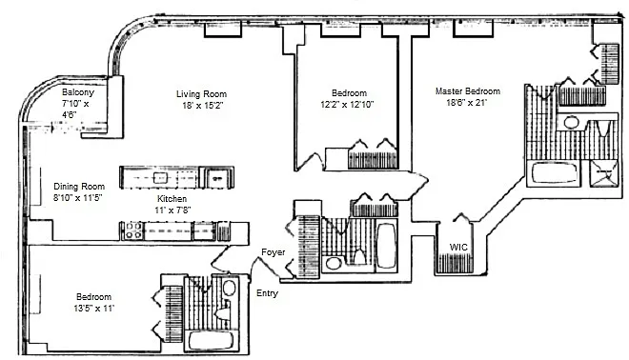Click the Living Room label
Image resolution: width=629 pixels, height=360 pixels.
pos(201,94)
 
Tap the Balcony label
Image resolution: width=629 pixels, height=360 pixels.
pos(78,92)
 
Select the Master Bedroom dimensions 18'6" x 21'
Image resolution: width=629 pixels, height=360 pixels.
pos(467,103)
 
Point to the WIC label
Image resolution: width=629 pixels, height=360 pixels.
pos(458,247)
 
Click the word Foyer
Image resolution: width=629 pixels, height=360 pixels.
pos(274,252)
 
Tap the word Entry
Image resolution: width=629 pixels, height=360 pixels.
pos(267,293)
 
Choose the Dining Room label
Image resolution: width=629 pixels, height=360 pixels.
pos(79,187)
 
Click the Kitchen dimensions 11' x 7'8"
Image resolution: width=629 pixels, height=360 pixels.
pos(172,210)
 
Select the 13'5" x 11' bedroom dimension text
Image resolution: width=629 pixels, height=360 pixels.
pos(93,309)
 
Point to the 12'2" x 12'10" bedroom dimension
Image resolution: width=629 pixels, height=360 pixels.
pos(347,105)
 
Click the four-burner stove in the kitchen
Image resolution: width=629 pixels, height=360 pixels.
pos(133,230)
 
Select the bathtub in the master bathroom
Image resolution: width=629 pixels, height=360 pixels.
pos(554,173)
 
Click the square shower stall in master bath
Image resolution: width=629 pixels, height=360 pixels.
pos(603,172)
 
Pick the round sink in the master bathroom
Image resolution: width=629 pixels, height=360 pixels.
pos(571,122)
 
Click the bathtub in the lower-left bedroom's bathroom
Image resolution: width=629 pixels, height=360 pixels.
pos(211,341)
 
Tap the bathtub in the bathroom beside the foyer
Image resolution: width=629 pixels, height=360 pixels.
pos(386,246)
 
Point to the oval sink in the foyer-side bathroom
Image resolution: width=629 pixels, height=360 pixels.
pos(333,264)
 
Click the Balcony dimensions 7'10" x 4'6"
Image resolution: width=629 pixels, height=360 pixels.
pos(75,109)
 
